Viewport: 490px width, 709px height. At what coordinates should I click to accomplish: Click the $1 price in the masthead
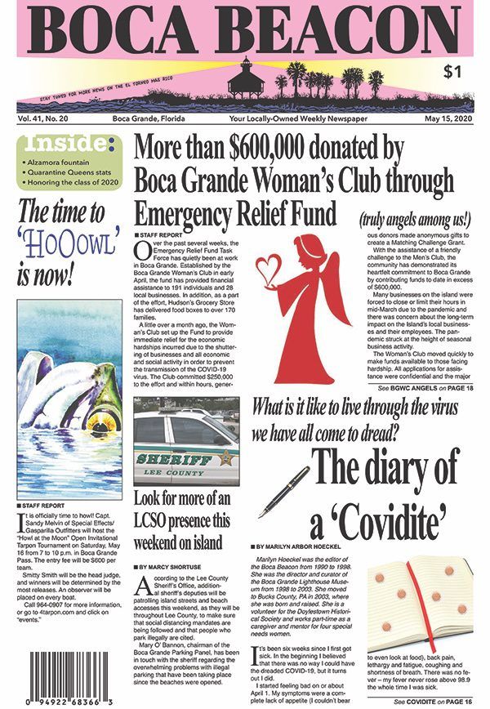click(449, 70)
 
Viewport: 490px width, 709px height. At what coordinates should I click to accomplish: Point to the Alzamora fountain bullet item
click(65, 163)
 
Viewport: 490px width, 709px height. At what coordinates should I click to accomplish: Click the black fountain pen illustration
click(283, 489)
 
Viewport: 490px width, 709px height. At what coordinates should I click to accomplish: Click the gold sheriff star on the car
click(225, 458)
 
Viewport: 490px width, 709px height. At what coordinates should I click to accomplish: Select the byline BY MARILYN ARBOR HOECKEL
click(308, 544)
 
